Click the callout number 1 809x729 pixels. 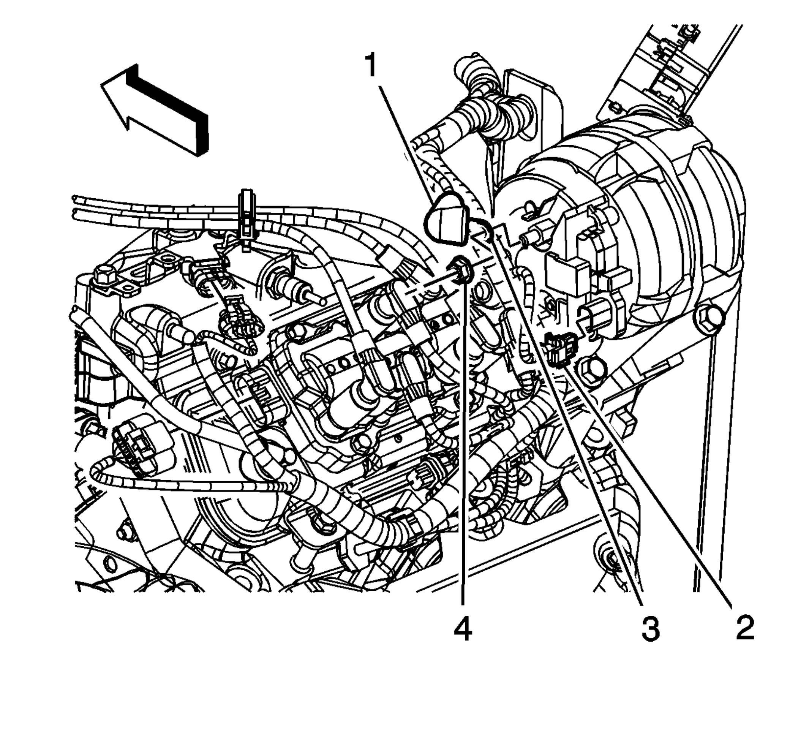coord(372,66)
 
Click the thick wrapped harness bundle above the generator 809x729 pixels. coord(493,104)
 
